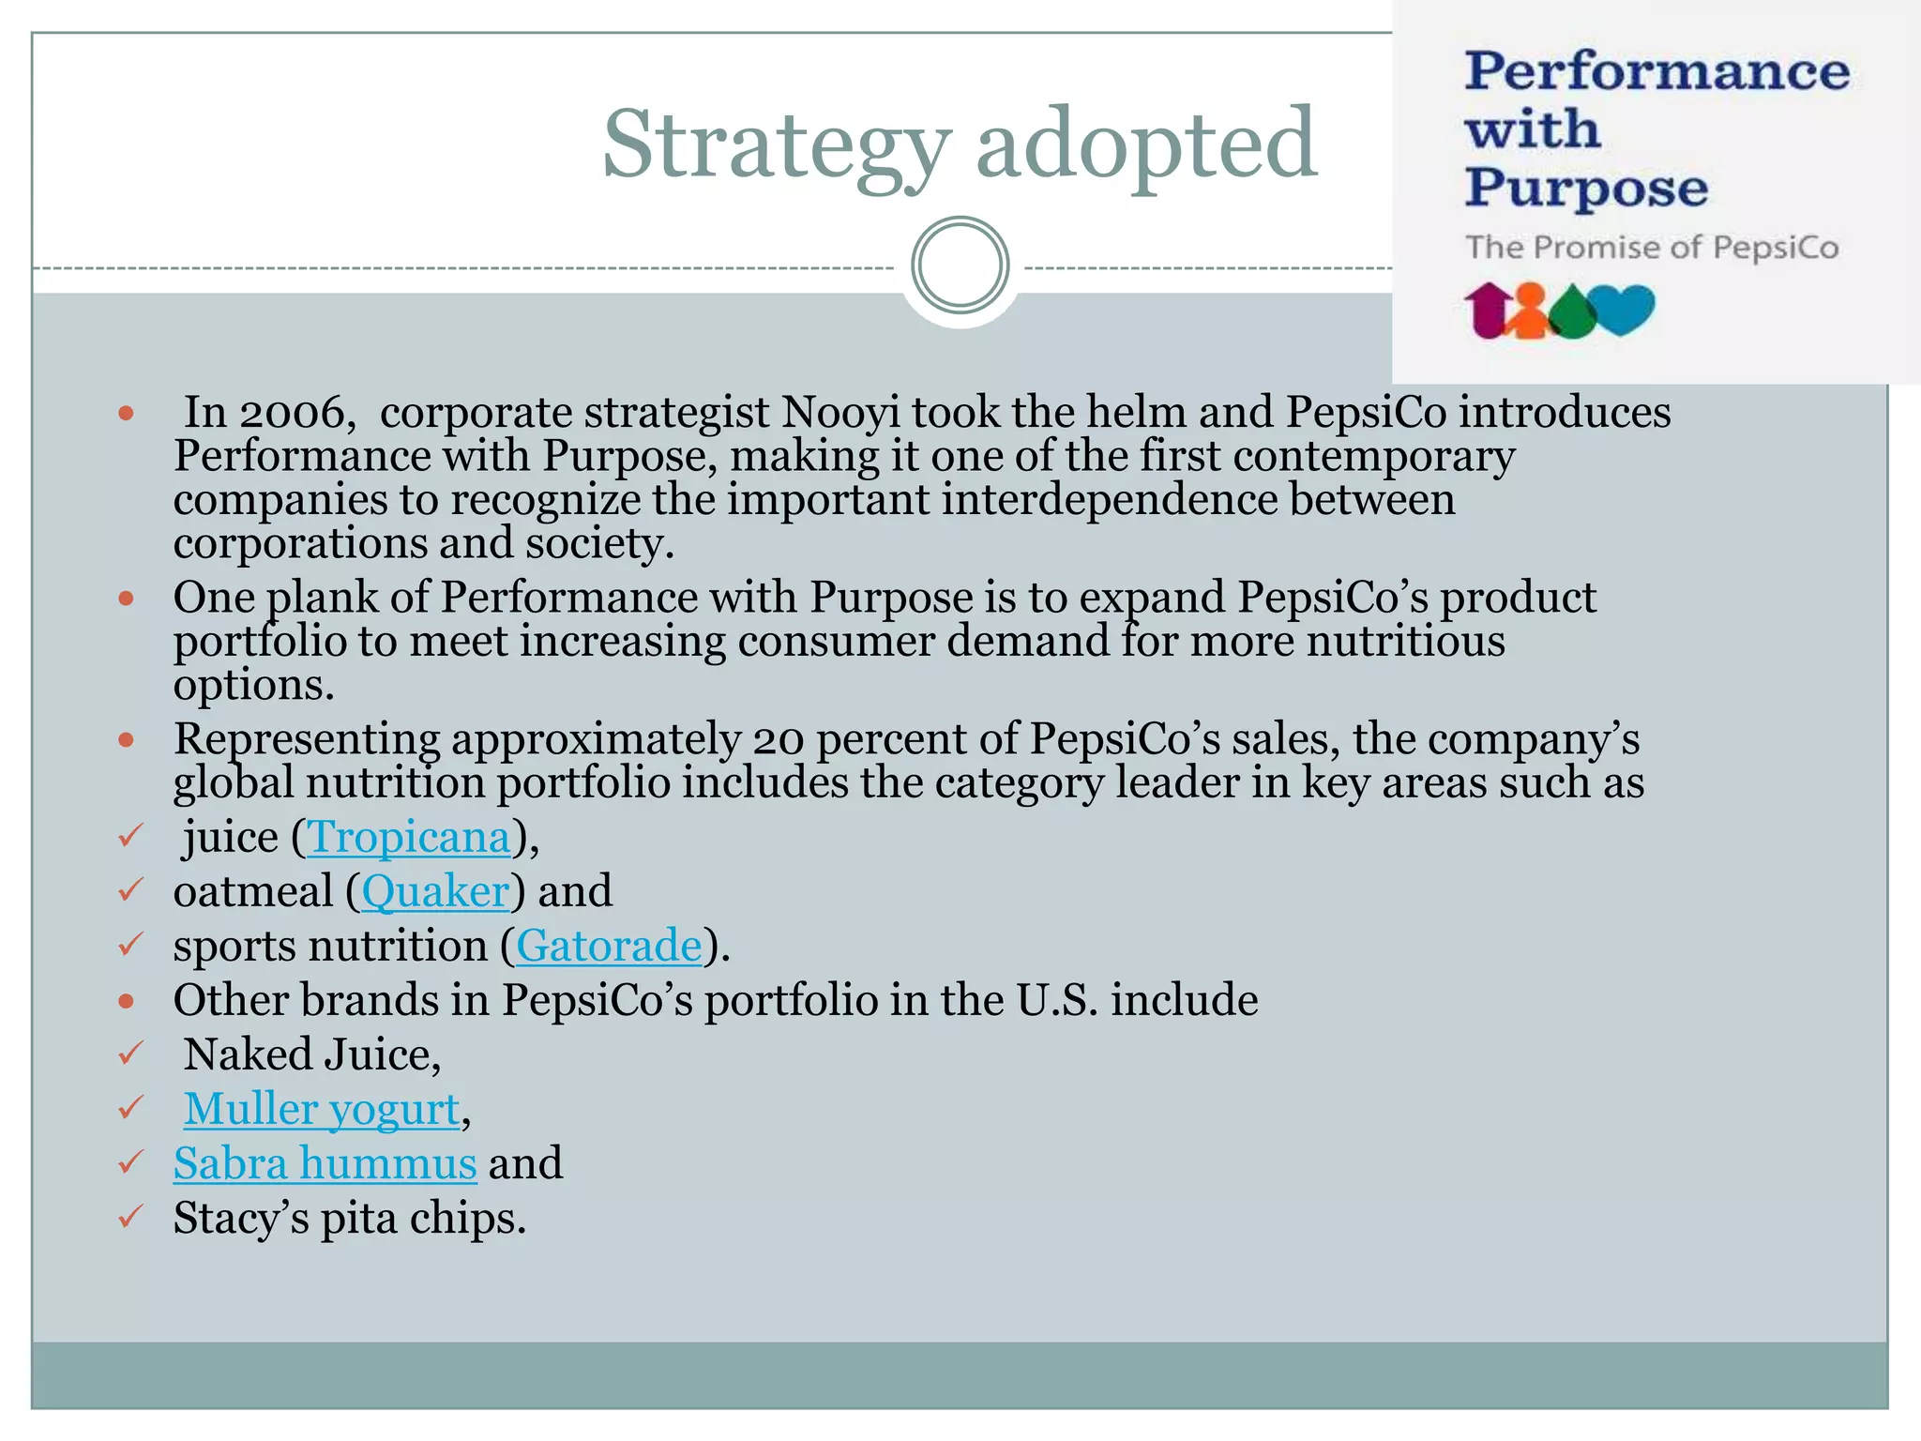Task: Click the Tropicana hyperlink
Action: pos(409,837)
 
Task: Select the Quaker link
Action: pos(435,891)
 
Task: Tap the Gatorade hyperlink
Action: pos(609,946)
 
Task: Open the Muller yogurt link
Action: pos(321,1109)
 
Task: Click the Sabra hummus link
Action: pos(325,1163)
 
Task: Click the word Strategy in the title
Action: pos(775,145)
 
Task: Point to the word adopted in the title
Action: pos(1146,145)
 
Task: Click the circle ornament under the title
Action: pos(960,265)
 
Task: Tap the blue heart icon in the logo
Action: pos(1625,308)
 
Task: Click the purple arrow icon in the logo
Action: pos(1487,309)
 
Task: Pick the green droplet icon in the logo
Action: pos(1572,312)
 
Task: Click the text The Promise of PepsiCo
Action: pos(1652,248)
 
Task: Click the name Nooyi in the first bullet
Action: pos(840,413)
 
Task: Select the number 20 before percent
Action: pos(779,739)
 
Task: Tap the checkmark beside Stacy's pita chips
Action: pos(129,1217)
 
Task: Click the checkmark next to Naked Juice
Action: pos(129,1054)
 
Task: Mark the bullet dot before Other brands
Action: pos(127,1001)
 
